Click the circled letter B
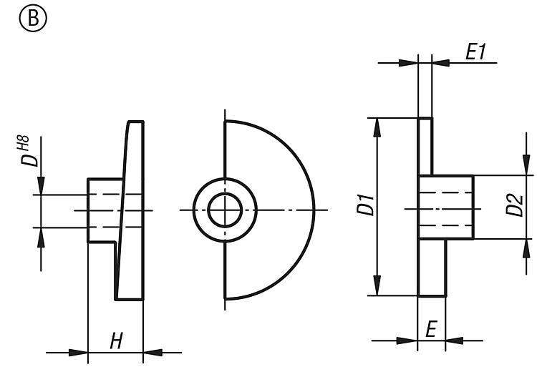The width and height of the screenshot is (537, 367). pyautogui.click(x=33, y=19)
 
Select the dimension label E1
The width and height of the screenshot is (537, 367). pyautogui.click(x=475, y=52)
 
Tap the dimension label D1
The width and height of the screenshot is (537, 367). pyautogui.click(x=365, y=205)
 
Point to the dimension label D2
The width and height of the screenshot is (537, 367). pyautogui.click(x=514, y=205)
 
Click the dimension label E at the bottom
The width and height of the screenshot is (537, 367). pyautogui.click(x=431, y=328)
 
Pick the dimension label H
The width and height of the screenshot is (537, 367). pyautogui.click(x=116, y=341)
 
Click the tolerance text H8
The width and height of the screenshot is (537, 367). pyautogui.click(x=24, y=143)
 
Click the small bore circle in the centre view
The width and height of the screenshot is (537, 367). pyautogui.click(x=225, y=210)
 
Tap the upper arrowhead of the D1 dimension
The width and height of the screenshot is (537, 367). pyautogui.click(x=377, y=127)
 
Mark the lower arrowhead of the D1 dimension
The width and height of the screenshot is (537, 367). pyautogui.click(x=377, y=285)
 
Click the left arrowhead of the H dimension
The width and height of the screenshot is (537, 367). pyautogui.click(x=78, y=352)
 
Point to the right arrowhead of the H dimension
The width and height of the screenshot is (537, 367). pyautogui.click(x=153, y=352)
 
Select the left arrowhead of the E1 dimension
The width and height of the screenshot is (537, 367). pyautogui.click(x=408, y=63)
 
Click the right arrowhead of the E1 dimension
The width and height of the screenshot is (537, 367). pyautogui.click(x=442, y=63)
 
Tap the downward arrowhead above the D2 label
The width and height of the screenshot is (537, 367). pyautogui.click(x=526, y=165)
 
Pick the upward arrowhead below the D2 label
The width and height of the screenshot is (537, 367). pyautogui.click(x=526, y=248)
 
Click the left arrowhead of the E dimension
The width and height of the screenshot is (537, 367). pyautogui.click(x=407, y=341)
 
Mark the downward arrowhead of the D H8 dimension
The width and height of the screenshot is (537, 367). pyautogui.click(x=41, y=185)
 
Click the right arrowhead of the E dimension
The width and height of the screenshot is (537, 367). pyautogui.click(x=455, y=341)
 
